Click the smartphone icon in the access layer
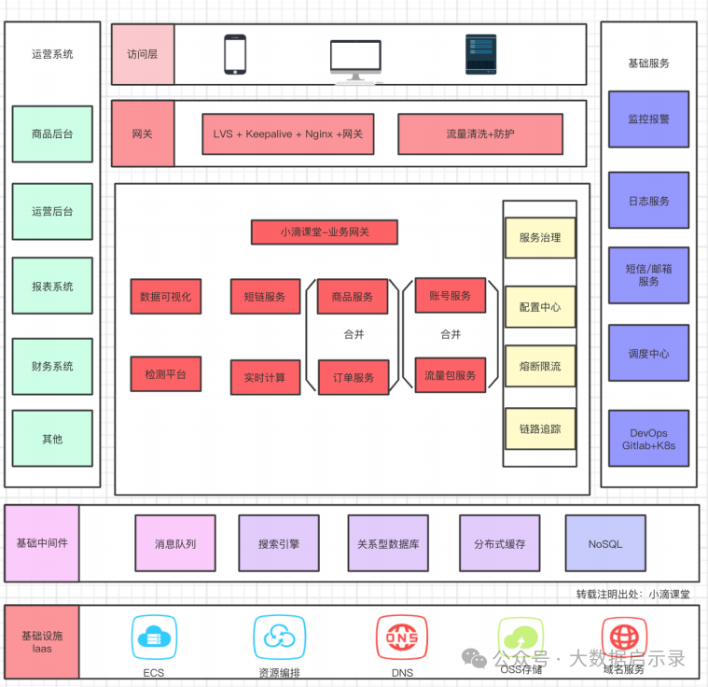(235, 54)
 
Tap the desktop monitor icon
(355, 61)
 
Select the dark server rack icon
(481, 54)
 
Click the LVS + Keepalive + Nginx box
(288, 133)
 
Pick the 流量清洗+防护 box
(480, 133)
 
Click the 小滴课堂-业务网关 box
(325, 231)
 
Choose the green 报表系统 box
(52, 286)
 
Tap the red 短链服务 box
(265, 296)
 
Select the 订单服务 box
(354, 377)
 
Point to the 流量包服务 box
(451, 375)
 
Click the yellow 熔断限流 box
(540, 366)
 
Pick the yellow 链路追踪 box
(540, 428)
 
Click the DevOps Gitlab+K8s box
(649, 439)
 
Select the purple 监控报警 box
(649, 119)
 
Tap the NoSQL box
(605, 543)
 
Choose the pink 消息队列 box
(175, 543)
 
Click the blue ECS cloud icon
(154, 638)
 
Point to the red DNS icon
(402, 638)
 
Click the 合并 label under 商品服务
(354, 334)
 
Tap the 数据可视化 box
(166, 296)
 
